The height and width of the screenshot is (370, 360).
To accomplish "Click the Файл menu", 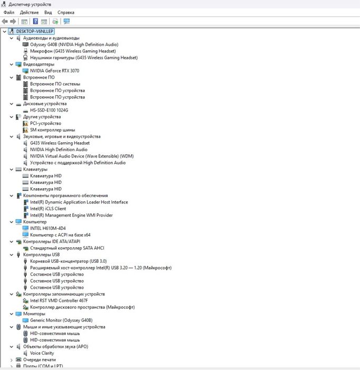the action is pyautogui.click(x=9, y=13).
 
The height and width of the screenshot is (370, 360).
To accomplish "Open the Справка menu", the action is pyautogui.click(x=66, y=13).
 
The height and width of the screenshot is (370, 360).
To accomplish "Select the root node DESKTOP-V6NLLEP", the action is pyautogui.click(x=35, y=31).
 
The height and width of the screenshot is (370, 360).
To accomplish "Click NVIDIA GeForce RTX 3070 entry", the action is pyautogui.click(x=54, y=71).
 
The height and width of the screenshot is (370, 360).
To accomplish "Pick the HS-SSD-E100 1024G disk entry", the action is pyautogui.click(x=49, y=110).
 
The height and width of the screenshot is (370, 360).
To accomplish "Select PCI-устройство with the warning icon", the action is pyautogui.click(x=45, y=123).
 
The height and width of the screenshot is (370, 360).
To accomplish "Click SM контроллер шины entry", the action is pyautogui.click(x=53, y=130).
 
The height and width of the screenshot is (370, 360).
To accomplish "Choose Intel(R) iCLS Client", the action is pyautogui.click(x=48, y=209).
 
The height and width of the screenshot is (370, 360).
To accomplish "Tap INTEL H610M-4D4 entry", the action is pyautogui.click(x=48, y=228).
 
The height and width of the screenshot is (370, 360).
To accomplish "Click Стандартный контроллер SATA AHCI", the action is pyautogui.click(x=67, y=248).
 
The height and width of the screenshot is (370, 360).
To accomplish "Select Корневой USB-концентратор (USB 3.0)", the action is pyautogui.click(x=68, y=261).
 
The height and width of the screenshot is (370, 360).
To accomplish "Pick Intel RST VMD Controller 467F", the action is pyautogui.click(x=59, y=301).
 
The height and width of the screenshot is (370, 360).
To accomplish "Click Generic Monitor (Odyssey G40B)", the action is pyautogui.click(x=61, y=320).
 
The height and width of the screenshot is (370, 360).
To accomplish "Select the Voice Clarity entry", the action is pyautogui.click(x=42, y=353).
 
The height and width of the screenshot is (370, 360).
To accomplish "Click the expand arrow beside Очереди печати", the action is pyautogui.click(x=11, y=360).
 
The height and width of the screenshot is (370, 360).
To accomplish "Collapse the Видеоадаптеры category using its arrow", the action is pyautogui.click(x=11, y=64).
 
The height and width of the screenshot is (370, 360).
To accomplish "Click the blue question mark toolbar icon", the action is pyautogui.click(x=35, y=22).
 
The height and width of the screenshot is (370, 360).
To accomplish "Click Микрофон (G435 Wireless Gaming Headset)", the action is pyautogui.click(x=73, y=51).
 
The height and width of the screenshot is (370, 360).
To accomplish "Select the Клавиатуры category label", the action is pyautogui.click(x=35, y=170).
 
